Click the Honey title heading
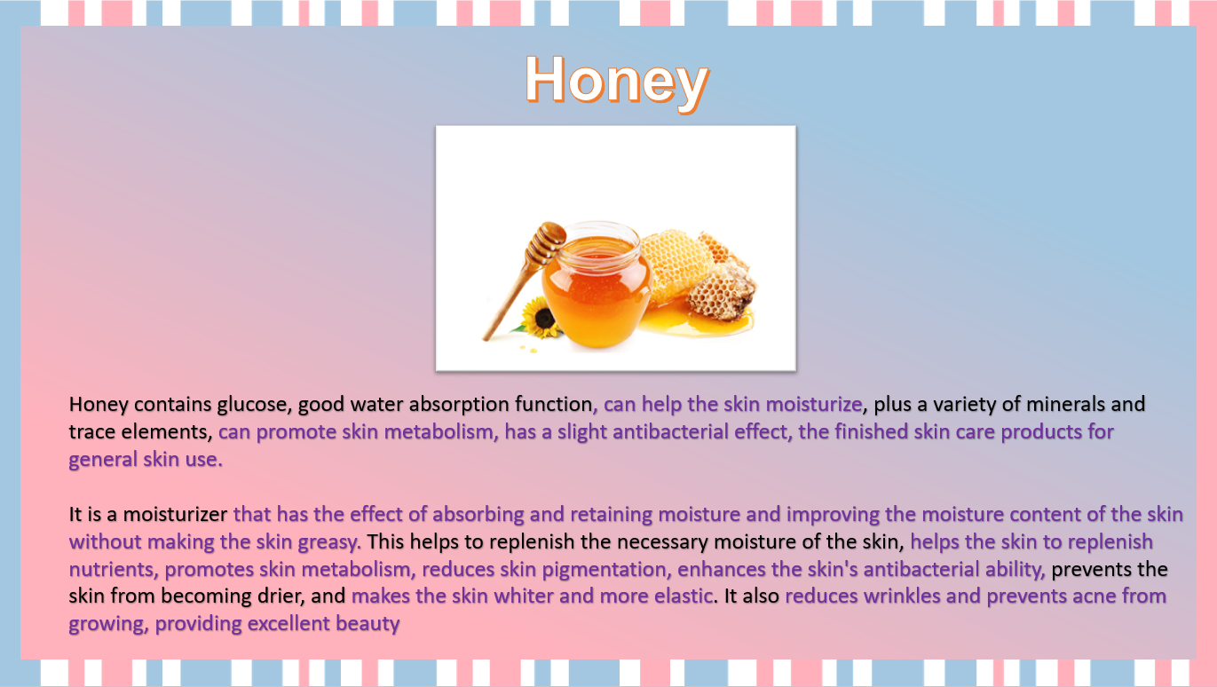click(617, 82)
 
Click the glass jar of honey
click(596, 284)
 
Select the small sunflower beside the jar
click(540, 317)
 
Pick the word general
click(103, 460)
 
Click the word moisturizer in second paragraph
click(175, 514)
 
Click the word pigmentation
click(605, 570)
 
